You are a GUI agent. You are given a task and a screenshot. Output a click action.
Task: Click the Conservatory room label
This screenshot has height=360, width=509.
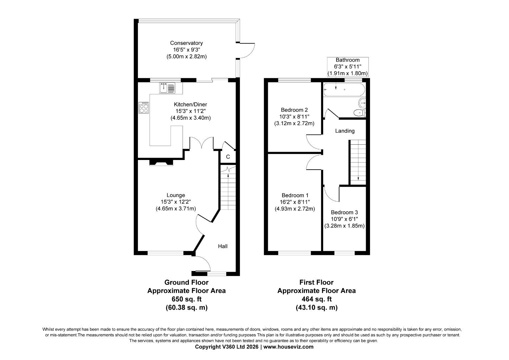pyautogui.click(x=186, y=43)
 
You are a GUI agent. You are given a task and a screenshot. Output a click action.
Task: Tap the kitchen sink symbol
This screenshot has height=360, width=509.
pyautogui.click(x=167, y=88)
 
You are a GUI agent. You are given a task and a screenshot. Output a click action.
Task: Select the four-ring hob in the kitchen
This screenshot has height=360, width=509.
pyautogui.click(x=144, y=108)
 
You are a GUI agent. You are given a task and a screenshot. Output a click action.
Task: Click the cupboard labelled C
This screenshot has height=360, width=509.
pyautogui.click(x=228, y=157)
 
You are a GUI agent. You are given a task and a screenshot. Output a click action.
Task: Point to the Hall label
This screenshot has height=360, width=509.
pyautogui.click(x=223, y=246)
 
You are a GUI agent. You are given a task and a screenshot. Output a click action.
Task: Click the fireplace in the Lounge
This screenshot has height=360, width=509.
pyautogui.click(x=161, y=162)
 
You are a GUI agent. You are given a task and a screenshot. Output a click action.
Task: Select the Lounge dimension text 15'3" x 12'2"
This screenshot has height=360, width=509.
pyautogui.click(x=176, y=202)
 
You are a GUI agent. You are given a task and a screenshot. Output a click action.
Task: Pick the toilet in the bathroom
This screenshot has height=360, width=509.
pyautogui.click(x=359, y=113)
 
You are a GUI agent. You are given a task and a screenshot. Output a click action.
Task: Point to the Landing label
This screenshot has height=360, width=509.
pyautogui.click(x=344, y=131)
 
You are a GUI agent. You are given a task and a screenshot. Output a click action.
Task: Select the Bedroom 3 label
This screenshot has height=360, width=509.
pyautogui.click(x=344, y=212)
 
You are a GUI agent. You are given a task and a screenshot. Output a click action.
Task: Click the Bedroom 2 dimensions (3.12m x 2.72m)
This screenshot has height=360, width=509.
pyautogui.click(x=294, y=123)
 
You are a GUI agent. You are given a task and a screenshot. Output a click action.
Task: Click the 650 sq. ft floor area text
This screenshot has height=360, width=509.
pyautogui.click(x=186, y=299)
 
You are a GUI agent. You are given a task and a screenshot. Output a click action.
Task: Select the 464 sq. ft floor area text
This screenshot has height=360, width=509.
pyautogui.click(x=316, y=299)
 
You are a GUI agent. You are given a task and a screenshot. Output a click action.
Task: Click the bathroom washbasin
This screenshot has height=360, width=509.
pyautogui.click(x=362, y=102)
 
